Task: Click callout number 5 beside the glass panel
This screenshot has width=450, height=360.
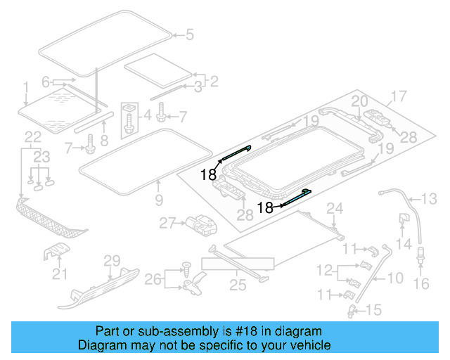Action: tap(188, 33)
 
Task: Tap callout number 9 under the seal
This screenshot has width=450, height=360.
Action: tap(159, 201)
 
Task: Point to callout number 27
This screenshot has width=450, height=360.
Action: tap(167, 223)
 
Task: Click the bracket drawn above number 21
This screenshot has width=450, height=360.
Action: tap(58, 252)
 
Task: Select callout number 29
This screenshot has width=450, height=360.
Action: tap(112, 261)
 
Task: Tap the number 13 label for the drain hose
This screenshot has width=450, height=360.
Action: tap(429, 198)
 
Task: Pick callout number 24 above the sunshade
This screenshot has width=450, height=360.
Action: tap(334, 207)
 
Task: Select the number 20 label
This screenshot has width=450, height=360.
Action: tap(359, 101)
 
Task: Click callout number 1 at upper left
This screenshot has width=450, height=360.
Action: tap(25, 87)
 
